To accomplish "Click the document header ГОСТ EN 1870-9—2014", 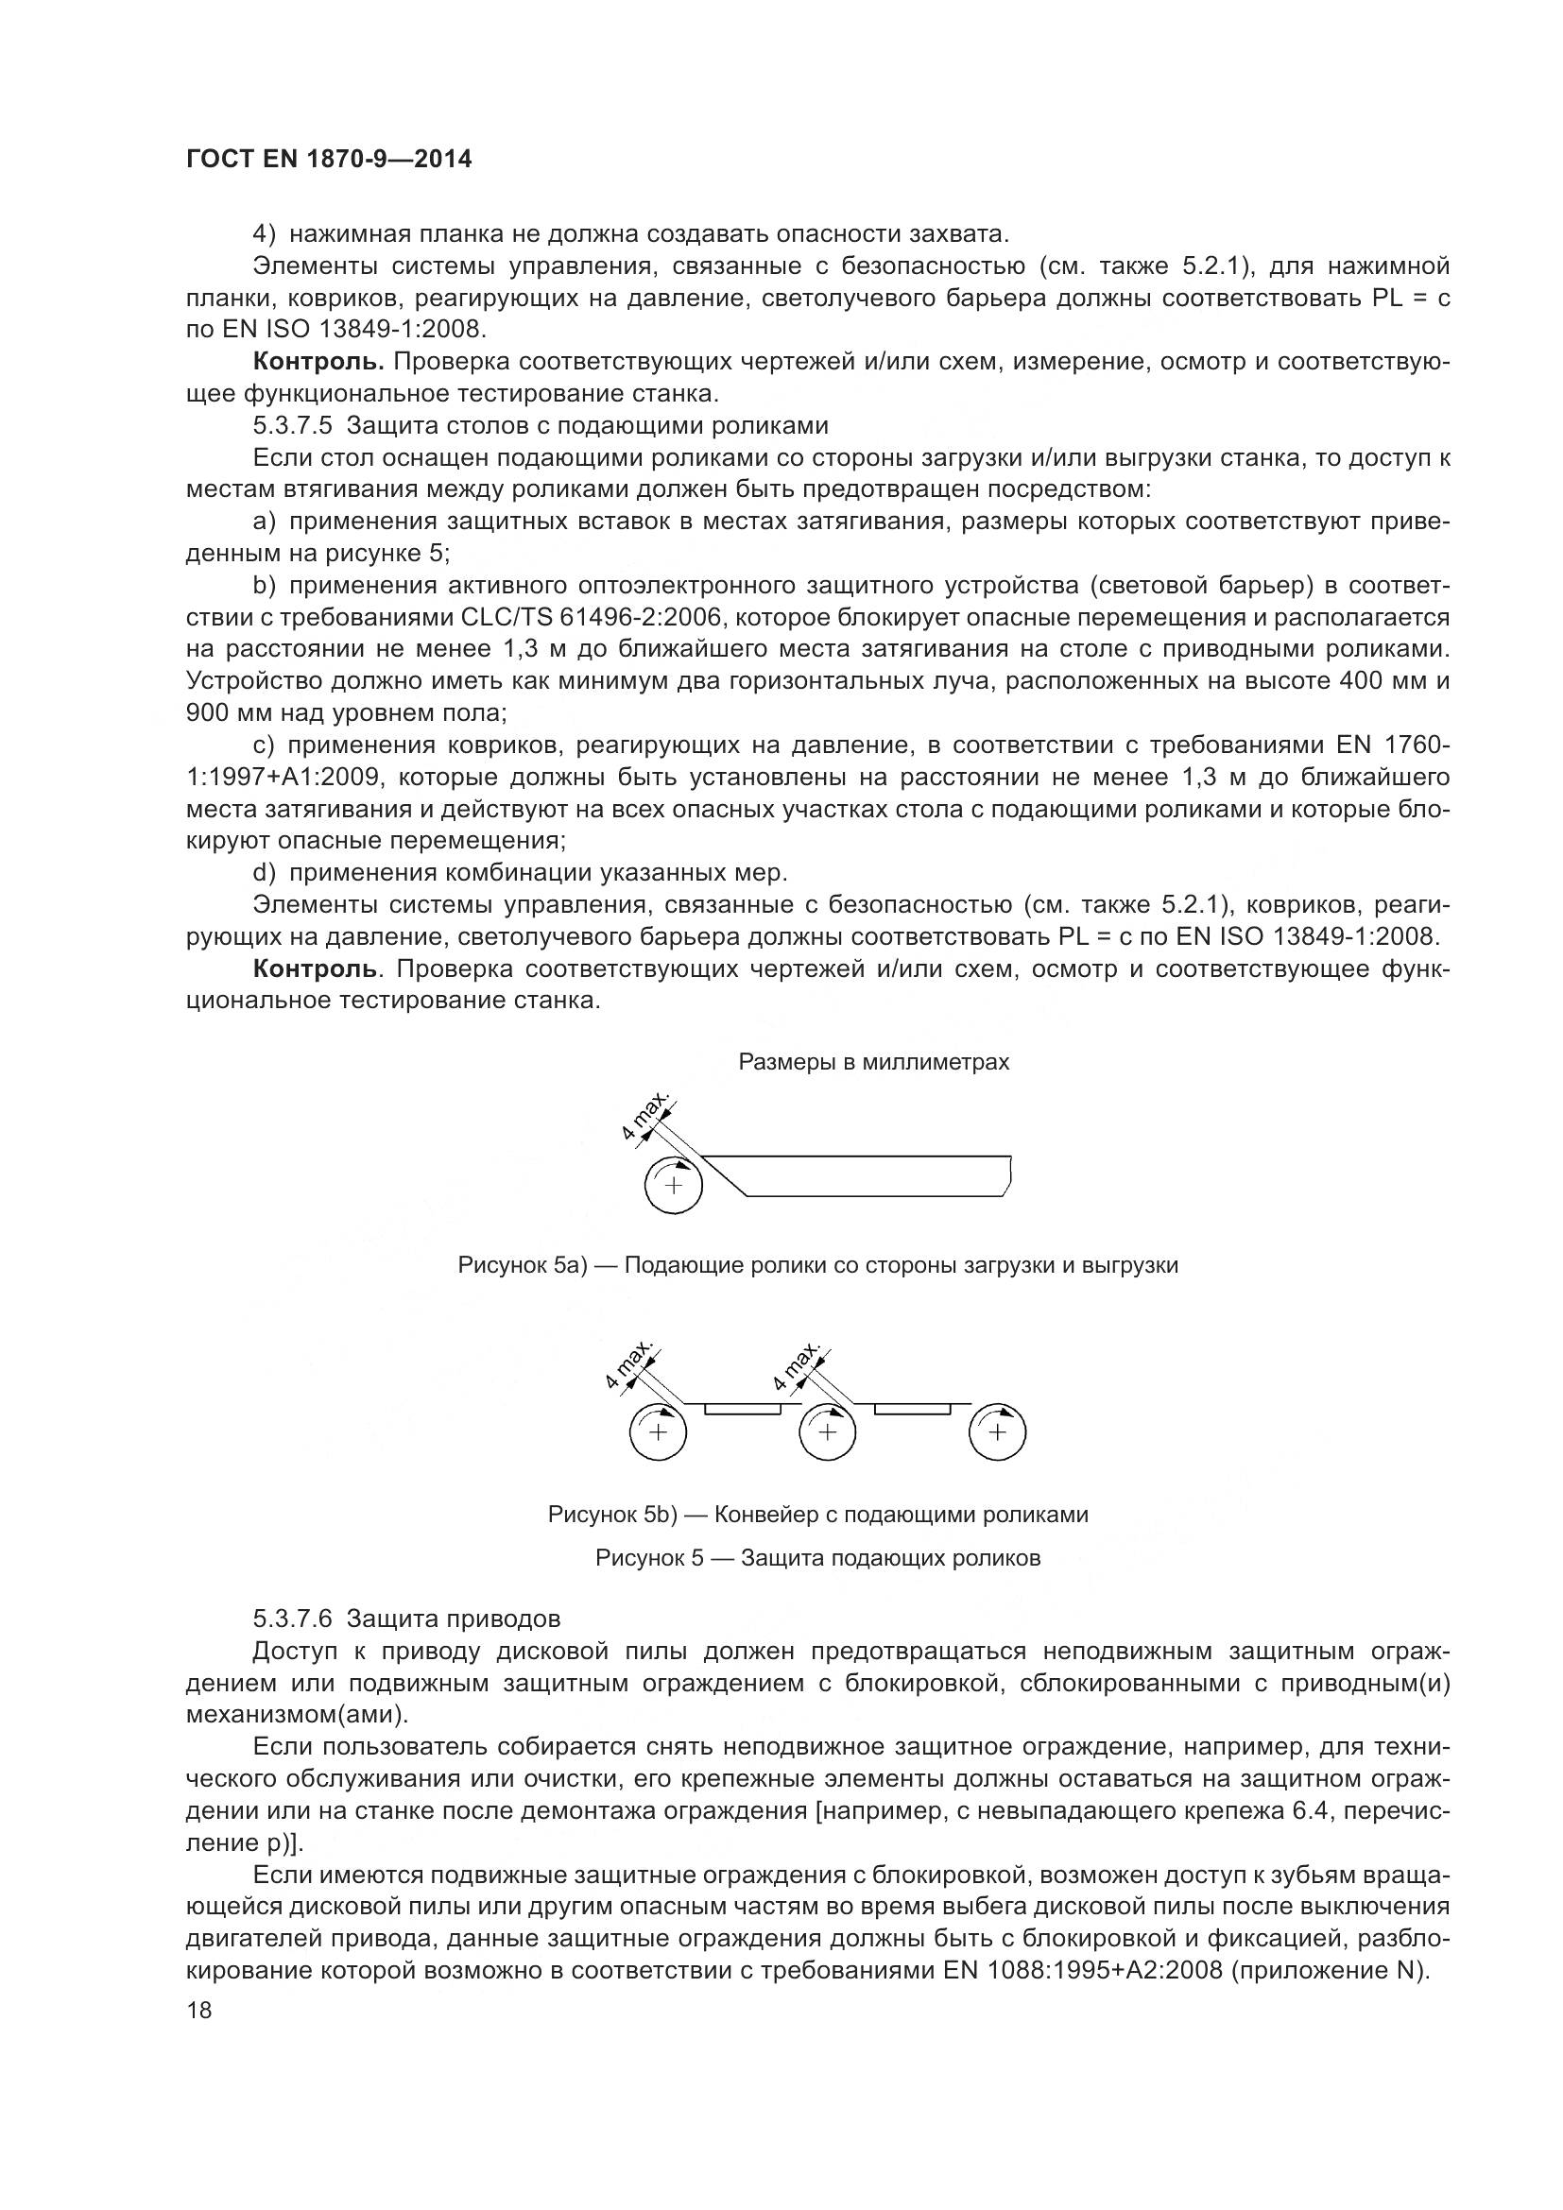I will pyautogui.click(x=328, y=160).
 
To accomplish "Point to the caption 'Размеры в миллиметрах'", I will pyautogui.click(x=873, y=1062).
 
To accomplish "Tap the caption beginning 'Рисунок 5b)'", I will pyautogui.click(x=817, y=1514).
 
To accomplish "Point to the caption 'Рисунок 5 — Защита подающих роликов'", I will pyautogui.click(x=817, y=1557).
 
